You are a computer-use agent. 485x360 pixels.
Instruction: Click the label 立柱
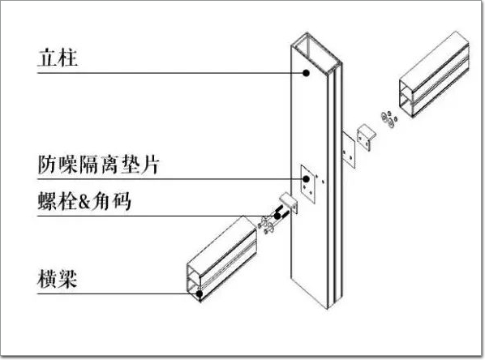pyautogui.click(x=58, y=58)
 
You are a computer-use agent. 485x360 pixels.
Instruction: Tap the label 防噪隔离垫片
pyautogui.click(x=99, y=165)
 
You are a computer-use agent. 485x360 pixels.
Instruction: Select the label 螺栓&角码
pyautogui.click(x=84, y=201)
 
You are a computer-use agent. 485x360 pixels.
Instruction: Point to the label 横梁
pyautogui.click(x=58, y=279)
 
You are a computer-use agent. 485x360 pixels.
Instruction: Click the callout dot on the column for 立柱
pyautogui.click(x=307, y=73)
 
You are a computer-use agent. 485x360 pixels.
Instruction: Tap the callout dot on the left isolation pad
pyautogui.click(x=307, y=179)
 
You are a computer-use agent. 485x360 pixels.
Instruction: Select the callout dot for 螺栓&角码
pyautogui.click(x=277, y=216)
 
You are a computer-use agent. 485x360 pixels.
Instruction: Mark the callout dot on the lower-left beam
pyautogui.click(x=200, y=294)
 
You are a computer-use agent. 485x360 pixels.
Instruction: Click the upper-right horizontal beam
pyautogui.click(x=434, y=75)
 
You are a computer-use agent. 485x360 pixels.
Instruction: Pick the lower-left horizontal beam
pyautogui.click(x=221, y=259)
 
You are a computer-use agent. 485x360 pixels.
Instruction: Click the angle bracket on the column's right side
pyautogui.click(x=367, y=138)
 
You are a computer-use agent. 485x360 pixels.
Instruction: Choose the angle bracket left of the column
pyautogui.click(x=289, y=204)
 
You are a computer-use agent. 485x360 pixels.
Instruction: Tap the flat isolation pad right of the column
pyautogui.click(x=349, y=150)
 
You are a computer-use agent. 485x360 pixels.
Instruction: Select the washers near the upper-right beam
pyautogui.click(x=388, y=118)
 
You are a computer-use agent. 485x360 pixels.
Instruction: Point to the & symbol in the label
pyautogui.click(x=84, y=202)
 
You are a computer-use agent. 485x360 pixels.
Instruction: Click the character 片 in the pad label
pyautogui.click(x=150, y=165)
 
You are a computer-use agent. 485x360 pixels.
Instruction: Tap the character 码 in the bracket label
pyautogui.click(x=122, y=201)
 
